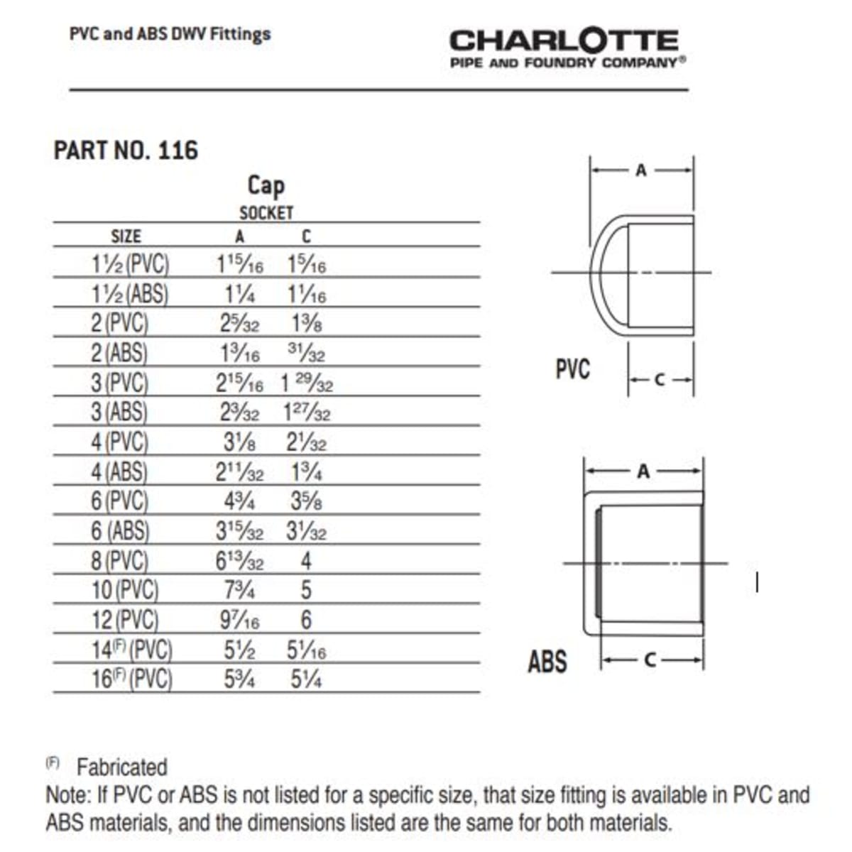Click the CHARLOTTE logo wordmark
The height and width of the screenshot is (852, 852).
564,40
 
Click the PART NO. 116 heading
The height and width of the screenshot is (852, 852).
126,151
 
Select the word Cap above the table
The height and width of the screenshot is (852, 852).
266,186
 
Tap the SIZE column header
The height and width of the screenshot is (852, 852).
126,236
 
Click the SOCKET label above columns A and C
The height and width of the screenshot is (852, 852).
266,212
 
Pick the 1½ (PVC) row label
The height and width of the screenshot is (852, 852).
131,264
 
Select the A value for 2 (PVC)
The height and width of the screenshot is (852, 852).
239,324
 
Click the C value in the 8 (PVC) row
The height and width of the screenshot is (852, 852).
306,561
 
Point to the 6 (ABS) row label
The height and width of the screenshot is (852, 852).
120,531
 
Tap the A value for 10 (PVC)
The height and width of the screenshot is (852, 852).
239,590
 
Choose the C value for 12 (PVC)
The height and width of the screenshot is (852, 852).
306,620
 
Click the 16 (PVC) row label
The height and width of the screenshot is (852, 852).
132,679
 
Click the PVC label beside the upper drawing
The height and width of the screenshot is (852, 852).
572,369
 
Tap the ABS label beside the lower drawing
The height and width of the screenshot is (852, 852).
547,662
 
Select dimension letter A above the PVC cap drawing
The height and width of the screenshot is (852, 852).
641,170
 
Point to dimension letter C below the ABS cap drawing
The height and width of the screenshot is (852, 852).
650,660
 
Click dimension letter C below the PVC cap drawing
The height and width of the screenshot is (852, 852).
660,380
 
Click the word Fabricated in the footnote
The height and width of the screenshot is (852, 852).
121,768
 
